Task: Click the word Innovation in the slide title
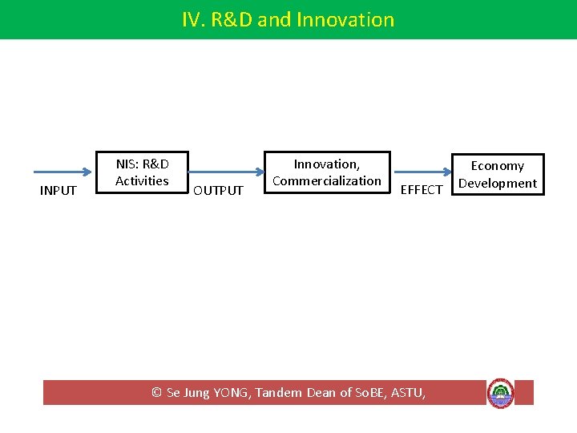(x=345, y=19)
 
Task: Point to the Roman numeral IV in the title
(x=192, y=19)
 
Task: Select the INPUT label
(x=59, y=190)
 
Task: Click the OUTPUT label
(x=218, y=190)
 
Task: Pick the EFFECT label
(x=421, y=189)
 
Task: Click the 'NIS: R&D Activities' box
(x=142, y=172)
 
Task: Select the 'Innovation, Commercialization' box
(x=327, y=172)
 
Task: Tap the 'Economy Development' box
(x=497, y=174)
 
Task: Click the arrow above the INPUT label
(x=63, y=172)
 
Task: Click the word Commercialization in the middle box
(x=327, y=180)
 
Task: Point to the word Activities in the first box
(x=142, y=180)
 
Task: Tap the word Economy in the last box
(x=497, y=165)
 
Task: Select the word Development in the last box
(x=497, y=183)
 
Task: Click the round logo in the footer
(x=500, y=393)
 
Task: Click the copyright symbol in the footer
(x=157, y=392)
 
